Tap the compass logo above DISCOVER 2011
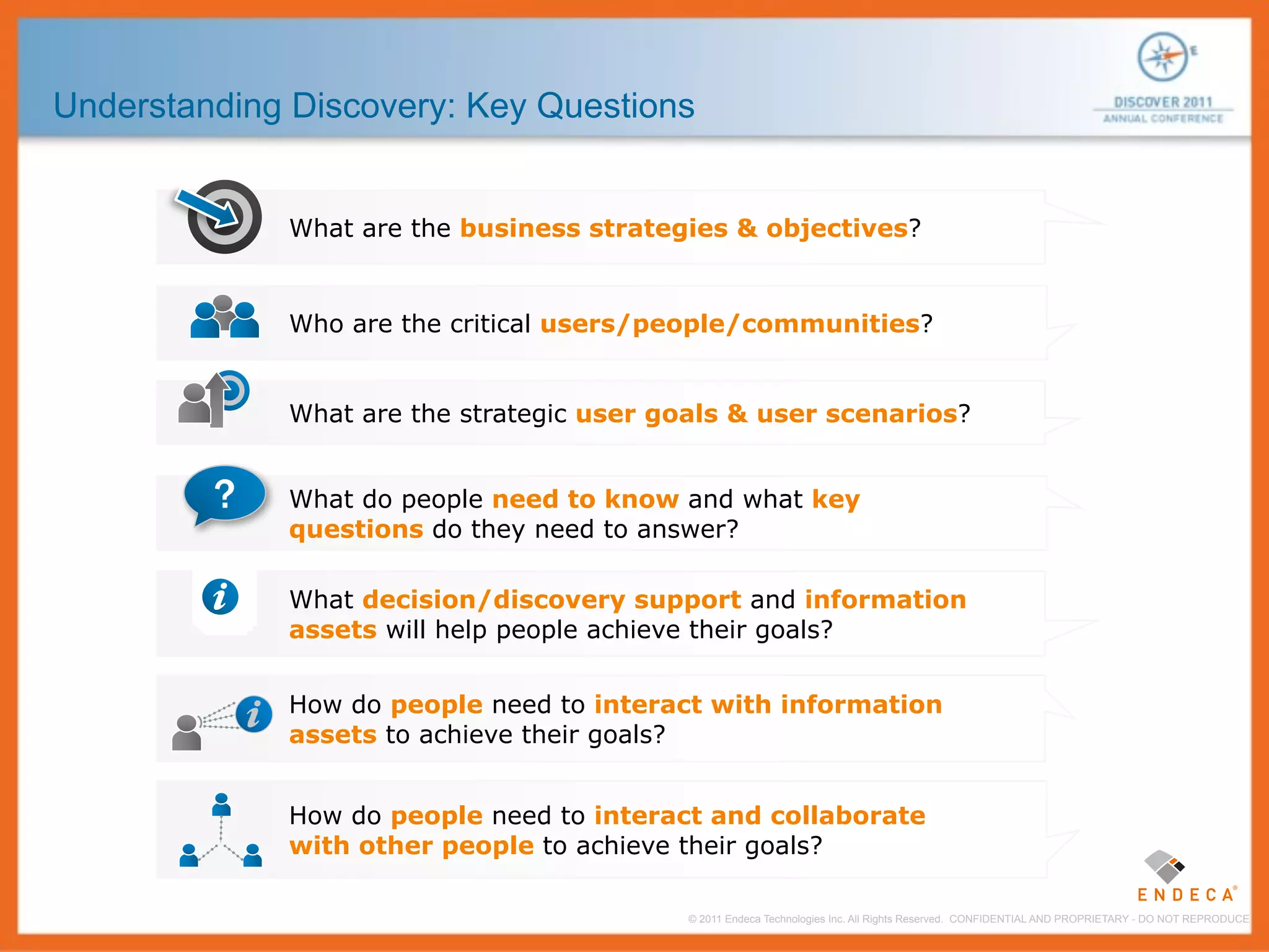pos(1162,57)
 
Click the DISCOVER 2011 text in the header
pos(1162,102)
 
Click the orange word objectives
pos(836,228)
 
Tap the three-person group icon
pos(224,317)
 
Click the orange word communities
pos(830,324)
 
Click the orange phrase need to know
pos(585,499)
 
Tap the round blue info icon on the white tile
pos(220,597)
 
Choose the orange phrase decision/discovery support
pos(551,599)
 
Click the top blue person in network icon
pos(221,804)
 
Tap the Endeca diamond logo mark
pos(1164,866)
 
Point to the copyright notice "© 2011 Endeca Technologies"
pos(814,919)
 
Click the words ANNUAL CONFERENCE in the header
pos(1162,118)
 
